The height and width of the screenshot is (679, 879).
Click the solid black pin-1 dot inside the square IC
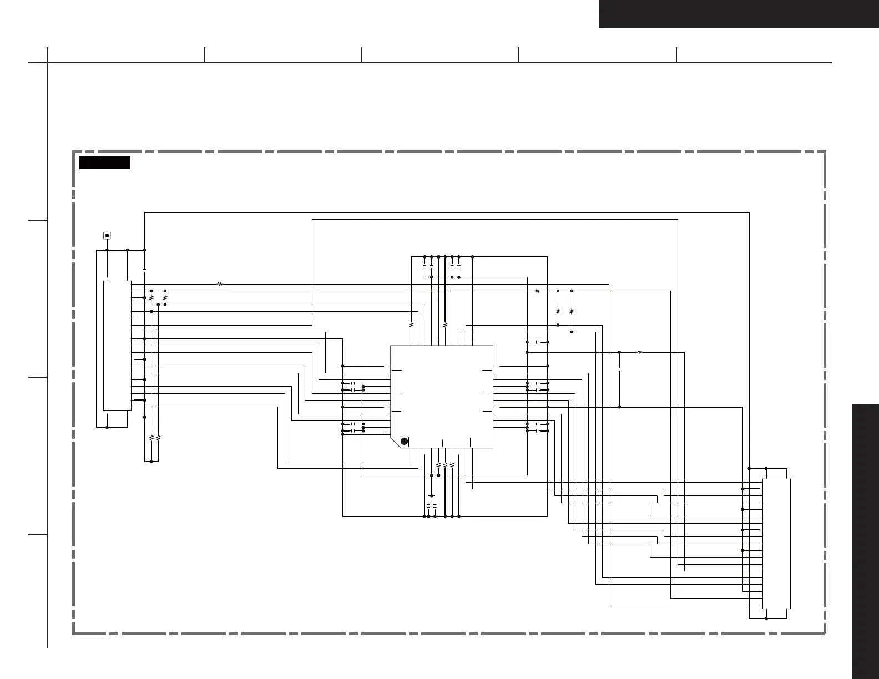pos(405,441)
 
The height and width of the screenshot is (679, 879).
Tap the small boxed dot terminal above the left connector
pos(107,236)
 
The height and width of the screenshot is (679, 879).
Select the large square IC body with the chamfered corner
pos(442,396)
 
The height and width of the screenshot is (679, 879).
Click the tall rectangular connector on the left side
pos(117,345)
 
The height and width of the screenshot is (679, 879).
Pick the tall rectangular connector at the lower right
pos(776,544)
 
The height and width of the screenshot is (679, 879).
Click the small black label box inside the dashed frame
pos(104,163)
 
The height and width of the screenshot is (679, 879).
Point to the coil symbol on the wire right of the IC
pos(640,352)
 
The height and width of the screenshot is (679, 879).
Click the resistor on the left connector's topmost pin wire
pos(220,284)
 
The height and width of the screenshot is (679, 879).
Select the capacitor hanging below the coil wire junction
pos(619,368)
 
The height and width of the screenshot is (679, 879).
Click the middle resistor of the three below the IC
pos(445,464)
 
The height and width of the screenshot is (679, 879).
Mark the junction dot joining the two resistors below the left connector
pos(151,462)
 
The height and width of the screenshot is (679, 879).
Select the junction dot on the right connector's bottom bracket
pos(766,619)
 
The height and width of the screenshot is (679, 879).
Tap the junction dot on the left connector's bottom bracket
pos(107,428)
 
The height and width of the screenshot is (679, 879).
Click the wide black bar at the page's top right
pos(739,13)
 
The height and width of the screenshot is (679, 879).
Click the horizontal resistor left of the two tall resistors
pos(537,291)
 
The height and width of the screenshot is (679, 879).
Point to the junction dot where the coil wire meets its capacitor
pos(619,352)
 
